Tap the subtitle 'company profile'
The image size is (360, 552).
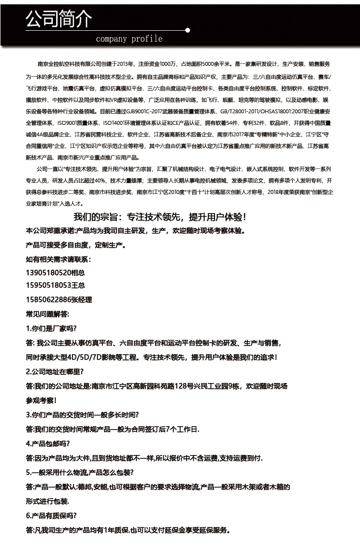[x=129, y=39]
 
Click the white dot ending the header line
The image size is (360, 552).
[x=188, y=30]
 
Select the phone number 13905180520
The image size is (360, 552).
[x=48, y=272]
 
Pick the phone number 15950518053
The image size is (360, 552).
[x=48, y=286]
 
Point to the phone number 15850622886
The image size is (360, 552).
[x=48, y=300]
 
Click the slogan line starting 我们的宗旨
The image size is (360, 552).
[x=160, y=216]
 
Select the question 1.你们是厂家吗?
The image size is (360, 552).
[x=51, y=329]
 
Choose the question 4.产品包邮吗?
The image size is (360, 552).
[x=48, y=443]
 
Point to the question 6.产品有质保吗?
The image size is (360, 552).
[x=51, y=516]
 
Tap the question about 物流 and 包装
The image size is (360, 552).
[x=80, y=472]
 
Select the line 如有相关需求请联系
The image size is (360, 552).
[x=58, y=259]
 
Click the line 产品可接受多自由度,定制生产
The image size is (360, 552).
[x=75, y=245]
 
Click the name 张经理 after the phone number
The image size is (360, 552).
[x=81, y=300]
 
